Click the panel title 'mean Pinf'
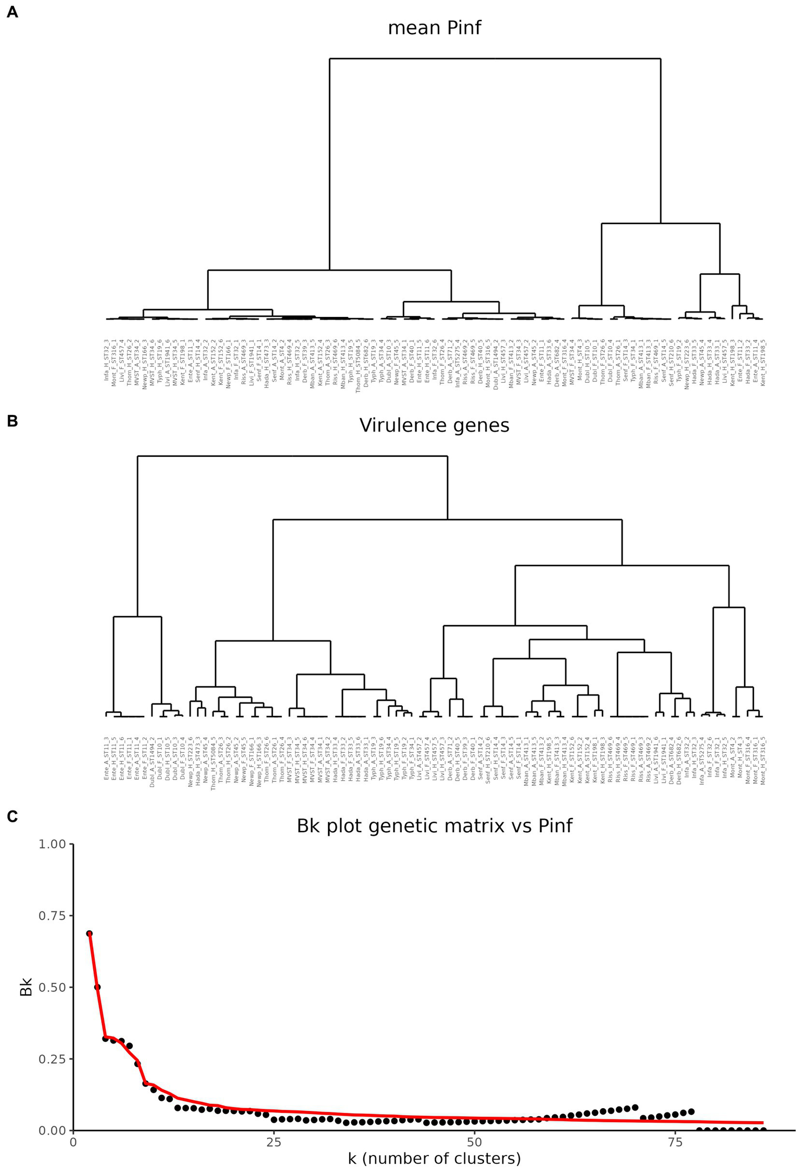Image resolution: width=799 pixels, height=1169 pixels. pos(434,28)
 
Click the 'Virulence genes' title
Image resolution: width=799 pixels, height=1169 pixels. pos(434,426)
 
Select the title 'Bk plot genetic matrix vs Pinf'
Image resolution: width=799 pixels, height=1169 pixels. pos(434,825)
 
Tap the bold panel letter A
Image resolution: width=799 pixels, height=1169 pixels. pos(12,13)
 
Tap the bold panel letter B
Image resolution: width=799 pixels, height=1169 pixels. pos(12,421)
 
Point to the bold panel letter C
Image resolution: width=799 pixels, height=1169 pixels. pos(12,817)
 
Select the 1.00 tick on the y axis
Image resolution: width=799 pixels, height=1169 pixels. pos(53,844)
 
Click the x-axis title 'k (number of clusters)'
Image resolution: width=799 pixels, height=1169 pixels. pos(434,1159)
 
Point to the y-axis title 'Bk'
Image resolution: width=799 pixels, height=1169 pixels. pos(26,987)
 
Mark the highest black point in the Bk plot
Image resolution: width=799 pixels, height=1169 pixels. pos(90,933)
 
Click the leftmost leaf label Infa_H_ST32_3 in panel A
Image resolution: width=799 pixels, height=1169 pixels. pos(107,359)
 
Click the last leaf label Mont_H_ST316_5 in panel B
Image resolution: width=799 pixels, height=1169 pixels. pos(763,760)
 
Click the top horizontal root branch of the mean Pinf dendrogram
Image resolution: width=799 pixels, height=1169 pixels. pos(494,59)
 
